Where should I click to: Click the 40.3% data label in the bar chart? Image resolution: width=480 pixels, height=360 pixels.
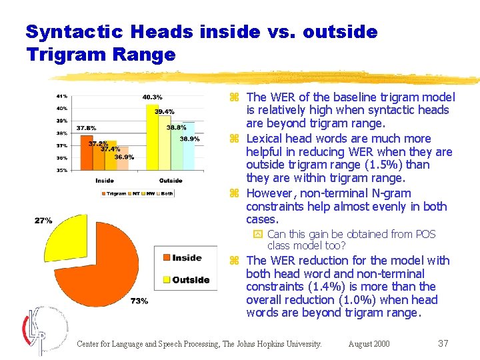point(152,97)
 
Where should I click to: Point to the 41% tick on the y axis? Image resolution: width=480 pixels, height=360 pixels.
point(61,95)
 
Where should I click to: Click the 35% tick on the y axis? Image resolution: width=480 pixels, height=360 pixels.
point(61,171)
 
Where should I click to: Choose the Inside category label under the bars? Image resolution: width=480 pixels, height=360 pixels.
point(105,181)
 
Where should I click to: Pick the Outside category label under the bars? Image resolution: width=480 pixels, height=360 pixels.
point(171,181)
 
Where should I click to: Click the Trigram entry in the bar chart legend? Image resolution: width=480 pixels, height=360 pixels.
point(114,194)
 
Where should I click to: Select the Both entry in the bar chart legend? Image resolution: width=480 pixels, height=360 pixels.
point(166,194)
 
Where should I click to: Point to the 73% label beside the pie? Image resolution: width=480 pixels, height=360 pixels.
point(139,301)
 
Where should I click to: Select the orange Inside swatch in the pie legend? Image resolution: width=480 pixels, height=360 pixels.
point(165,258)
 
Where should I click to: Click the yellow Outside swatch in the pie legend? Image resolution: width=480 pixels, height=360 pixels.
point(165,279)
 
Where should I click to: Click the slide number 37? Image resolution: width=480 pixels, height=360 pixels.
point(443,343)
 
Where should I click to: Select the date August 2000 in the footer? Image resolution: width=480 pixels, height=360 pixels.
point(369,344)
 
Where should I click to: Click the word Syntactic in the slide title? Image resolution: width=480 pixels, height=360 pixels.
point(75,31)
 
